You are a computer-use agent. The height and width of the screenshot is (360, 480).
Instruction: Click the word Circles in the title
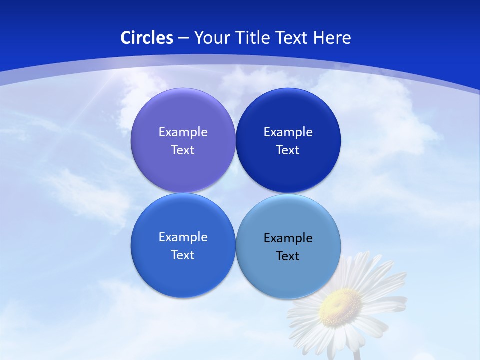pos(147,38)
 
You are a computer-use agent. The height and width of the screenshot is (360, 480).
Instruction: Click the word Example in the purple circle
pos(183,132)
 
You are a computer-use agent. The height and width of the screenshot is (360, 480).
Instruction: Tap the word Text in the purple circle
pos(183,150)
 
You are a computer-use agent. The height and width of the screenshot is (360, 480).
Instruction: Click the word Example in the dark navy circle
pos(288,132)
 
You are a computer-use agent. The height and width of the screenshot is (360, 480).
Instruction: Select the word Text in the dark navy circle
pos(288,150)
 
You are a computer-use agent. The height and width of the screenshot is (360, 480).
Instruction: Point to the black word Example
pos(288,238)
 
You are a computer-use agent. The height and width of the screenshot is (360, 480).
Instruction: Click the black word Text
pos(288,256)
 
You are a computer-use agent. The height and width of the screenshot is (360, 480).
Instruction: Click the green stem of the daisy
pos(357,354)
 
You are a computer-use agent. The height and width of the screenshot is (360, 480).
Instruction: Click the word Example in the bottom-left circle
pos(183,237)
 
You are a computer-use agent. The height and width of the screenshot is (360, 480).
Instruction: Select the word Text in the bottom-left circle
pos(183,255)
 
